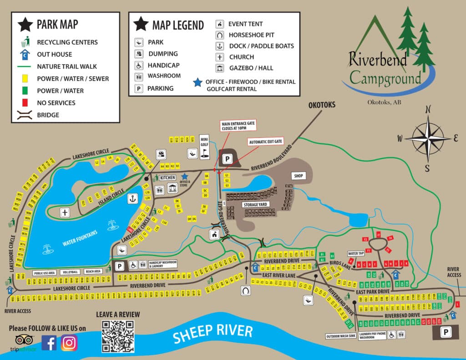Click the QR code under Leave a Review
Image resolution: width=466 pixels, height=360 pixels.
point(118,336)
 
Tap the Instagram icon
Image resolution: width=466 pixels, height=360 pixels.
point(69,342)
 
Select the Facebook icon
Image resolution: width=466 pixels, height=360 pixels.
point(49,342)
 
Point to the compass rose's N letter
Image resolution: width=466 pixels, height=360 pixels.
point(427,109)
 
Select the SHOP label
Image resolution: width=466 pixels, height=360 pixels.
point(299,176)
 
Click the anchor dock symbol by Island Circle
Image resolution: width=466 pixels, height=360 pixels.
point(132,198)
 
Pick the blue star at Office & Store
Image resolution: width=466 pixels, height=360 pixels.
point(184,176)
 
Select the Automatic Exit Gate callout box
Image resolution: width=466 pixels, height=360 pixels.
point(265,142)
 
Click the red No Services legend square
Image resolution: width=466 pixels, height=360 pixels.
point(26,103)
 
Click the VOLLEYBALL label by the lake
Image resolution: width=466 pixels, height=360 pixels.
point(71,272)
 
